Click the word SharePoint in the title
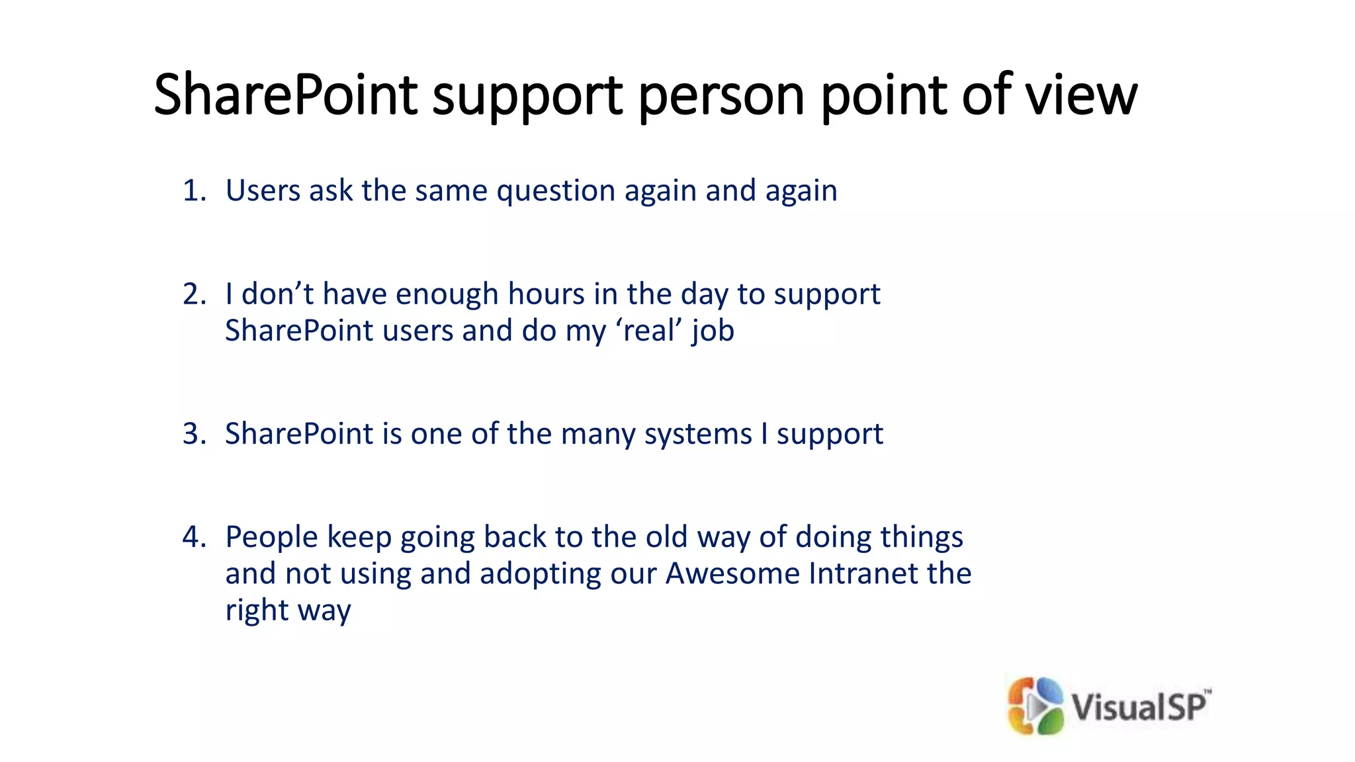285,95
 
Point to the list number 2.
194,294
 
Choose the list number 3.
194,434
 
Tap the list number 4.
194,536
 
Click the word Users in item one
263,190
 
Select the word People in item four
271,537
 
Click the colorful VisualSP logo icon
1035,706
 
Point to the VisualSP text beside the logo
1139,706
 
